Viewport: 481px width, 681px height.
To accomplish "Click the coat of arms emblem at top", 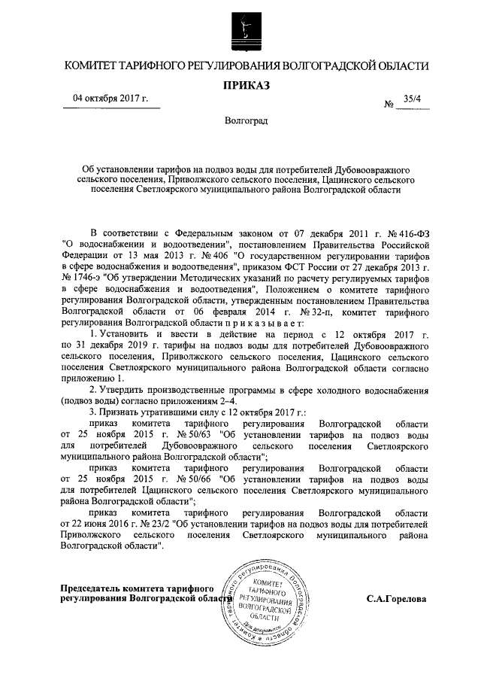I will point(241,29).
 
